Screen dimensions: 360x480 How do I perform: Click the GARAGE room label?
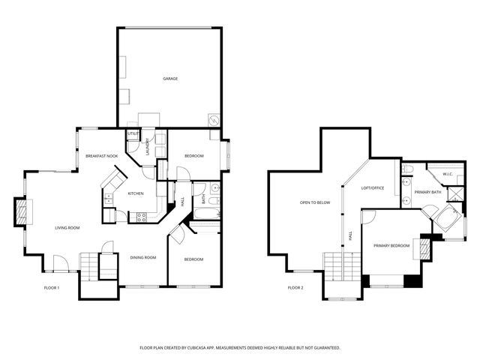170,78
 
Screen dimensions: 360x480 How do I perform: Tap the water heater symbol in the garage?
213,120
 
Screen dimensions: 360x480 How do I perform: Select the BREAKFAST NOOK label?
101,155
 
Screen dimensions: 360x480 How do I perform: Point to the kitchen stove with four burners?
139,217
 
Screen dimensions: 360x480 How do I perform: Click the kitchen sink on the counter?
109,199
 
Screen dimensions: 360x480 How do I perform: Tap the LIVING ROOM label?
67,227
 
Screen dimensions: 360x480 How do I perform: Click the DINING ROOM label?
143,257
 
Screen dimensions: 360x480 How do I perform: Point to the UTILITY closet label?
132,133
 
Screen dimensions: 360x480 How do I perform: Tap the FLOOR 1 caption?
51,287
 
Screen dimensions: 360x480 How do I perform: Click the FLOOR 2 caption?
295,287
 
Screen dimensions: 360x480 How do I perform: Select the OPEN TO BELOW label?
315,202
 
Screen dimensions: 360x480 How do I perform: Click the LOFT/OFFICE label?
373,187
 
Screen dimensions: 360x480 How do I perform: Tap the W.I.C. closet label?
447,174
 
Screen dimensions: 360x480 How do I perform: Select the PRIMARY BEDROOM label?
391,245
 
